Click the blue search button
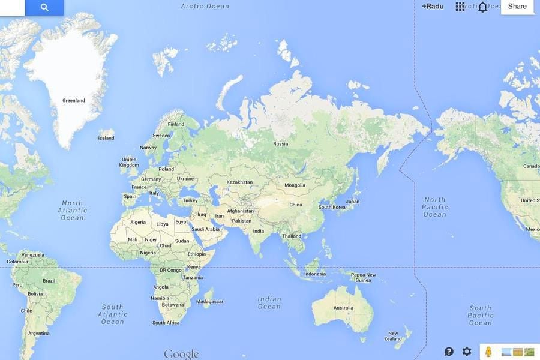(x=44, y=7)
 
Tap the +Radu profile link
(x=432, y=7)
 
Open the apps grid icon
(x=460, y=7)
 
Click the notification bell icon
(x=482, y=7)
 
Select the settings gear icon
(x=467, y=352)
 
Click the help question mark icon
(x=449, y=352)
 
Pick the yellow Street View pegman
(x=488, y=352)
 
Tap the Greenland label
(x=74, y=101)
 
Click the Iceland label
(x=106, y=138)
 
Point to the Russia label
(x=280, y=144)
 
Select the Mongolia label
(x=295, y=185)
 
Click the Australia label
(x=343, y=308)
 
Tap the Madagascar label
(x=210, y=301)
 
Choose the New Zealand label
(x=393, y=336)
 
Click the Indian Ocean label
(x=269, y=302)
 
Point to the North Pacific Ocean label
(x=435, y=207)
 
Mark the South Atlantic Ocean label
(x=112, y=314)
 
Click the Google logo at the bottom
(x=181, y=354)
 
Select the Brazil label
(x=49, y=281)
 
